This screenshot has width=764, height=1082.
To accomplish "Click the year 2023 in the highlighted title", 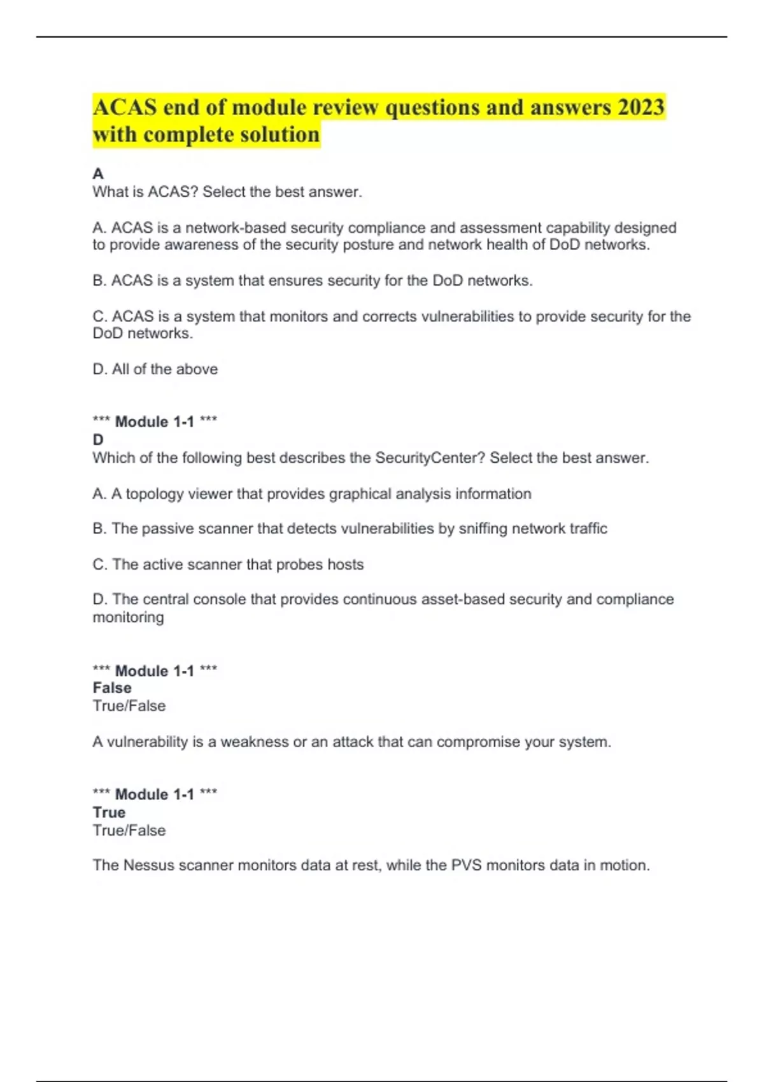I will click(x=640, y=107).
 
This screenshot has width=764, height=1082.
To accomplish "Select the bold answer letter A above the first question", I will click(x=98, y=174).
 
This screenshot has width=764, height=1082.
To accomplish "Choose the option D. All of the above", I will click(x=155, y=369).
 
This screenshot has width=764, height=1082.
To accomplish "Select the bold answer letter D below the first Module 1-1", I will click(x=98, y=440).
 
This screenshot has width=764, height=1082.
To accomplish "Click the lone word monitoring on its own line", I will click(x=128, y=617).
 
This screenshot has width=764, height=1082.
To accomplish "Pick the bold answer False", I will click(x=112, y=688).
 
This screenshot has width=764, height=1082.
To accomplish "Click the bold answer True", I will click(x=109, y=813).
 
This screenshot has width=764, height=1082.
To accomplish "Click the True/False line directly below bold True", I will click(x=129, y=831).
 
